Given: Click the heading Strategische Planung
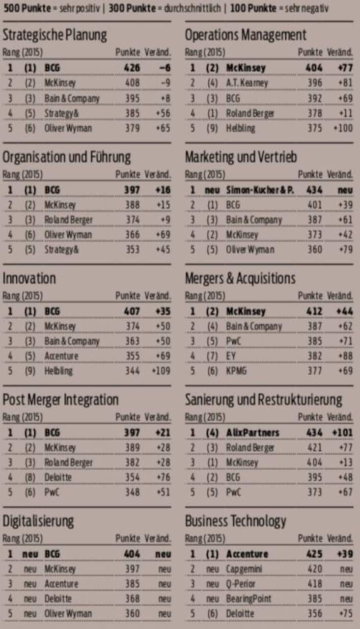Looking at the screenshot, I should (x=55, y=35).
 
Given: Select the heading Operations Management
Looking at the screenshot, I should (x=246, y=35).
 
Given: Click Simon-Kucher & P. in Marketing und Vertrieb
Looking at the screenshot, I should (x=260, y=190).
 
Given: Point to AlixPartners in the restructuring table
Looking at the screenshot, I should (x=252, y=433).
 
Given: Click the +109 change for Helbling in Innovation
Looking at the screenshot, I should (x=161, y=371).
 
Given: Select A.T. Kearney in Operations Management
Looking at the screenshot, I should (x=247, y=83).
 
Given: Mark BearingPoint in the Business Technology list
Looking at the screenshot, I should (x=249, y=599).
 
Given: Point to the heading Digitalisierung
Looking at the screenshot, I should (x=38, y=520).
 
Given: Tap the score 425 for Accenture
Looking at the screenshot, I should (x=314, y=554).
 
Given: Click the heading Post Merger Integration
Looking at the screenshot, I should (x=60, y=400).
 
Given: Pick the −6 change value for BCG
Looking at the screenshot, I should (x=165, y=68).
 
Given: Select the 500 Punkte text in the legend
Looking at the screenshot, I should (x=25, y=9).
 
